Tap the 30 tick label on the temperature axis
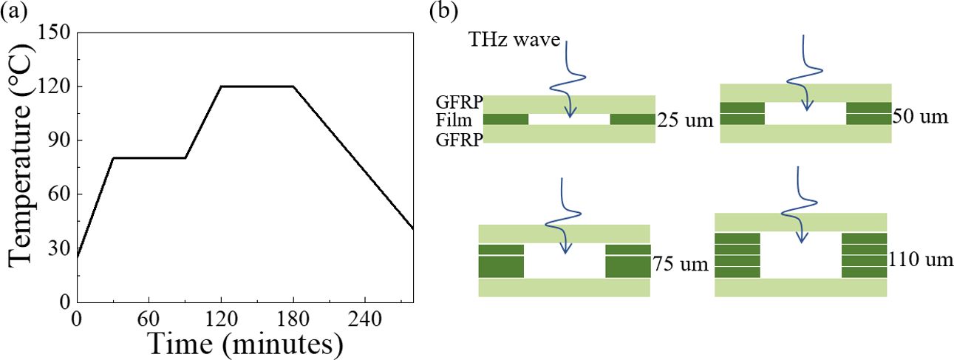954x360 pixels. pos(59,249)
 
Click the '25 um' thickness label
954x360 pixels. pos(685,119)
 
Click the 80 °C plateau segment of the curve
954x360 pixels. pos(149,157)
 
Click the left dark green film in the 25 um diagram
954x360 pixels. pos(505,119)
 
